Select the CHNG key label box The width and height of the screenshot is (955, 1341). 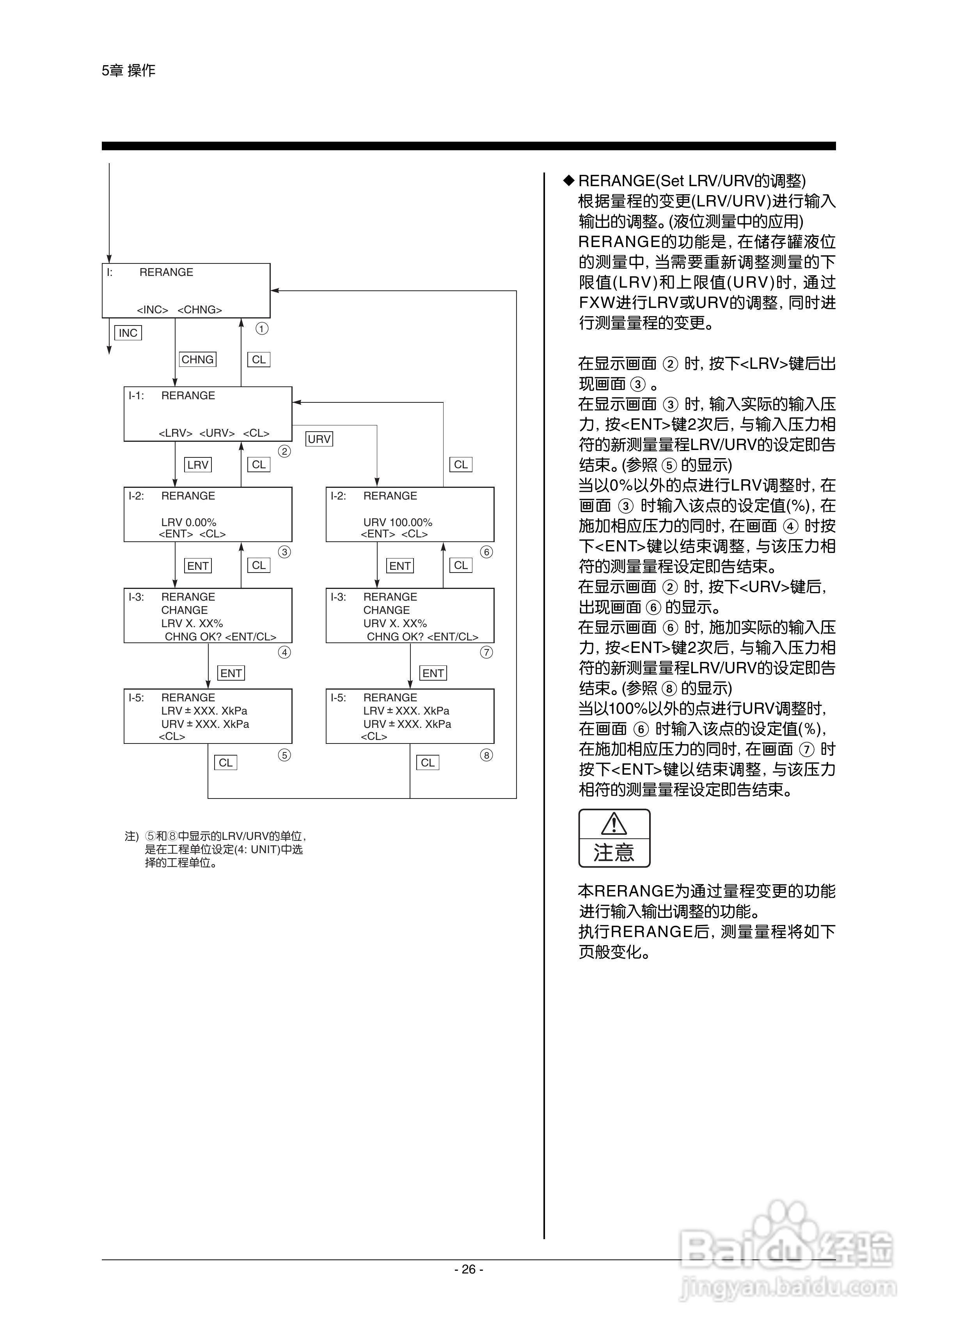click(197, 359)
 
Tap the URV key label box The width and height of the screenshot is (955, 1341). click(320, 439)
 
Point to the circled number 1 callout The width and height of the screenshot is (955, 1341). click(262, 328)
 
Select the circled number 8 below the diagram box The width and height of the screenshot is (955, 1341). click(486, 755)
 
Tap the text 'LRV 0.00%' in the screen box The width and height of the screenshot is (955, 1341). click(189, 522)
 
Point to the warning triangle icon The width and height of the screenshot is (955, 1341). click(614, 823)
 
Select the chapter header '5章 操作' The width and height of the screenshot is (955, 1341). click(128, 71)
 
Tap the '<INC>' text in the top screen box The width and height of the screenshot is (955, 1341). click(152, 310)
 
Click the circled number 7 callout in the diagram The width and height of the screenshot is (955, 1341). click(486, 652)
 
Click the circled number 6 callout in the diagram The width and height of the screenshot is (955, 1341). click(486, 552)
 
